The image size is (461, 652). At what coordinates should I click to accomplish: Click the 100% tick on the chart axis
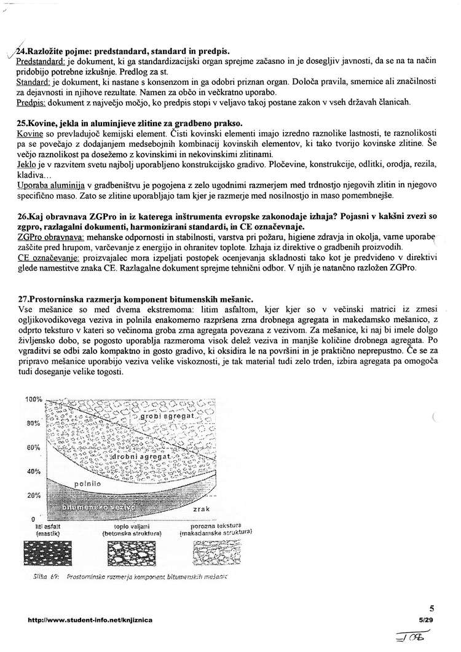[x=33, y=399]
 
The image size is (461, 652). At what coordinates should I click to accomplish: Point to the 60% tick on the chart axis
[x=33, y=447]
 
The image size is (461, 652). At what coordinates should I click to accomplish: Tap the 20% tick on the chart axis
[x=33, y=495]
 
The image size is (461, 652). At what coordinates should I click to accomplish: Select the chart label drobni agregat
[x=139, y=458]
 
